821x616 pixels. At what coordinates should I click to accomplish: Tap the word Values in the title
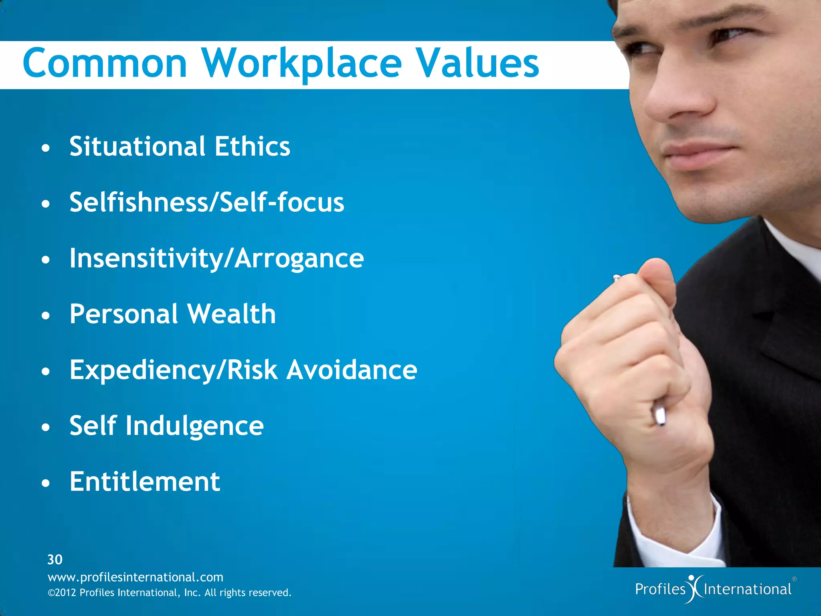tap(477, 63)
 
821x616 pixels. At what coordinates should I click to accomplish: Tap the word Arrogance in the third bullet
tap(299, 259)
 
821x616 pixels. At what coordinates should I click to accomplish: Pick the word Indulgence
tap(194, 426)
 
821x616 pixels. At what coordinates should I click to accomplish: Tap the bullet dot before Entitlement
tap(46, 484)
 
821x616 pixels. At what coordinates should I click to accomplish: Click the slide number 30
tap(55, 559)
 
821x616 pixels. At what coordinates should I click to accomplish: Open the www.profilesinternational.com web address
tap(135, 577)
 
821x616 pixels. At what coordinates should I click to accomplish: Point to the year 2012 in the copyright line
tap(65, 593)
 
